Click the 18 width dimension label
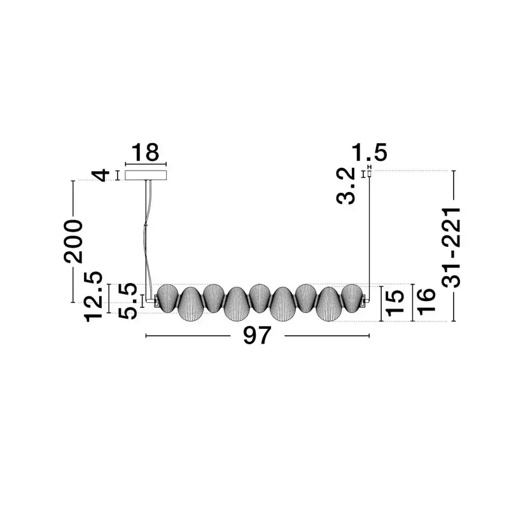coord(146,152)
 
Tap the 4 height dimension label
coord(101,175)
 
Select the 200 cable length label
coord(73,241)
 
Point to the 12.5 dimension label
coord(93,296)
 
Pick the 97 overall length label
coord(256,335)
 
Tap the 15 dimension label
coord(394,303)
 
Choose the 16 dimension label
coord(426,302)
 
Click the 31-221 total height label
coord(451,247)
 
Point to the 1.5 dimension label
coord(369,153)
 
